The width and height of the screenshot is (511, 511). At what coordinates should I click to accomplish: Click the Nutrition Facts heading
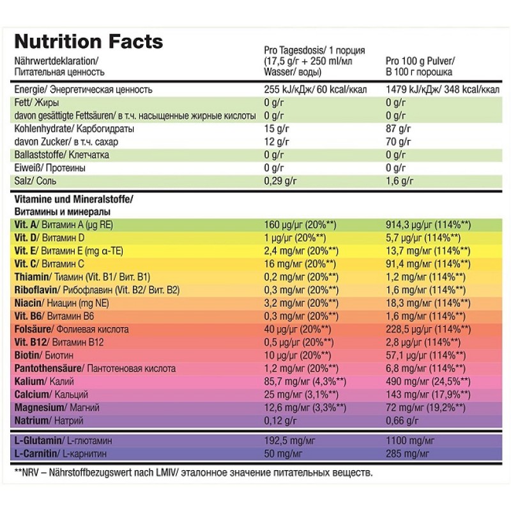coord(88,42)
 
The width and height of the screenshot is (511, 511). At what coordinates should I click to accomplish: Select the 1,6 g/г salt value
coord(398,181)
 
